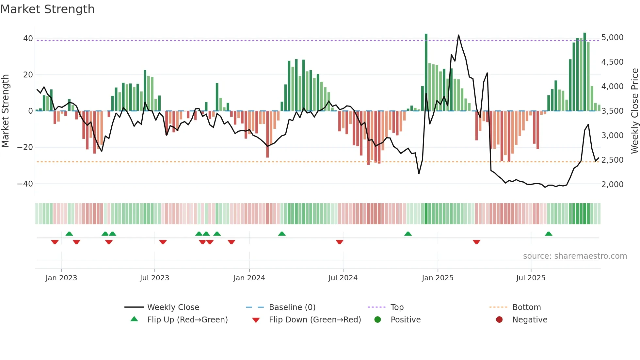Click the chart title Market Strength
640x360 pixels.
pos(47,9)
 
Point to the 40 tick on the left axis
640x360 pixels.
pos(28,39)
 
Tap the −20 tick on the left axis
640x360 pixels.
pos(25,147)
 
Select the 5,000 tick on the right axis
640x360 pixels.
pos(612,38)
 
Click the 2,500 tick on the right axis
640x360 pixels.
pos(612,160)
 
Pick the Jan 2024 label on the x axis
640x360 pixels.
pos(249,278)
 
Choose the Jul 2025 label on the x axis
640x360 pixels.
pos(531,278)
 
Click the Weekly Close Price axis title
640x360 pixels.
pos(634,111)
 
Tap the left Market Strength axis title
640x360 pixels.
pos(5,111)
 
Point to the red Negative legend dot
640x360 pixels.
pos(499,319)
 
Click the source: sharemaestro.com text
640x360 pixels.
pos(575,256)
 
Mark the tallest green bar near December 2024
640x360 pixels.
pos(426,72)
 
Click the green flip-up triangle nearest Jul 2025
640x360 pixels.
pos(549,234)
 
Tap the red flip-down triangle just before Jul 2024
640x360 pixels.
pos(340,242)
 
